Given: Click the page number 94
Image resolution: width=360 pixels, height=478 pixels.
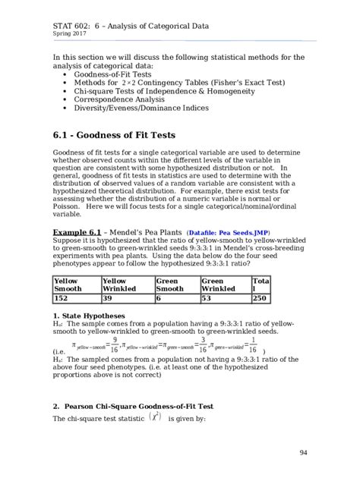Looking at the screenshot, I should [x=302, y=453].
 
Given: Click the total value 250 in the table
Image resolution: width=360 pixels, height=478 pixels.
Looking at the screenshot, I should [x=260, y=299].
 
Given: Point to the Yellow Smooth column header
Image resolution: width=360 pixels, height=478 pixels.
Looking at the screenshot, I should [x=69, y=284].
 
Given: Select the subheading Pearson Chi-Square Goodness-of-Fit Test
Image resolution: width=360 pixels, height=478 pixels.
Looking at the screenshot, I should [x=139, y=406].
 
